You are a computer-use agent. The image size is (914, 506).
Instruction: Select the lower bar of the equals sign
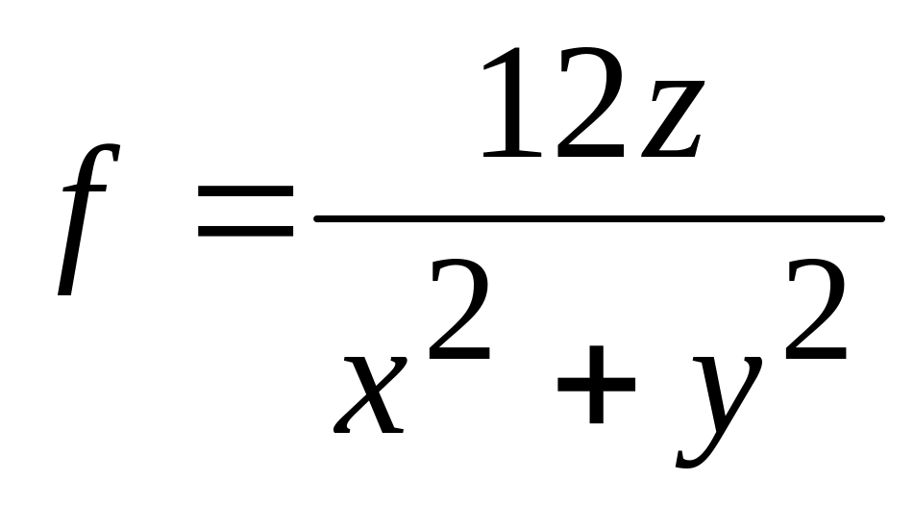244,232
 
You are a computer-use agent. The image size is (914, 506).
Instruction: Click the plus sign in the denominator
596,385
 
